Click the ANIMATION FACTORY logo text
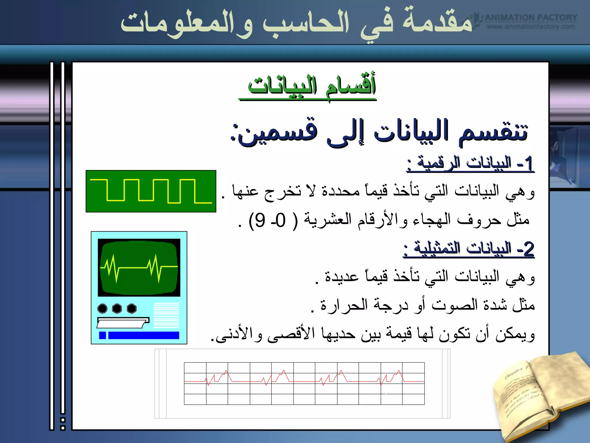coord(531,18)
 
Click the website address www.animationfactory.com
coord(531,27)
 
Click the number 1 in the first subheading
coord(529,164)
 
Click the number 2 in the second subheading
coord(529,249)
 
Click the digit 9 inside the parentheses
coord(260,220)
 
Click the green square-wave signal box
coord(151,191)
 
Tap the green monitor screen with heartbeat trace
coord(139,267)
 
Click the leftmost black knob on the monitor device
coord(103,308)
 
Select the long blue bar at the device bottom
coord(143,335)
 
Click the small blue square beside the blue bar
coord(102,335)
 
